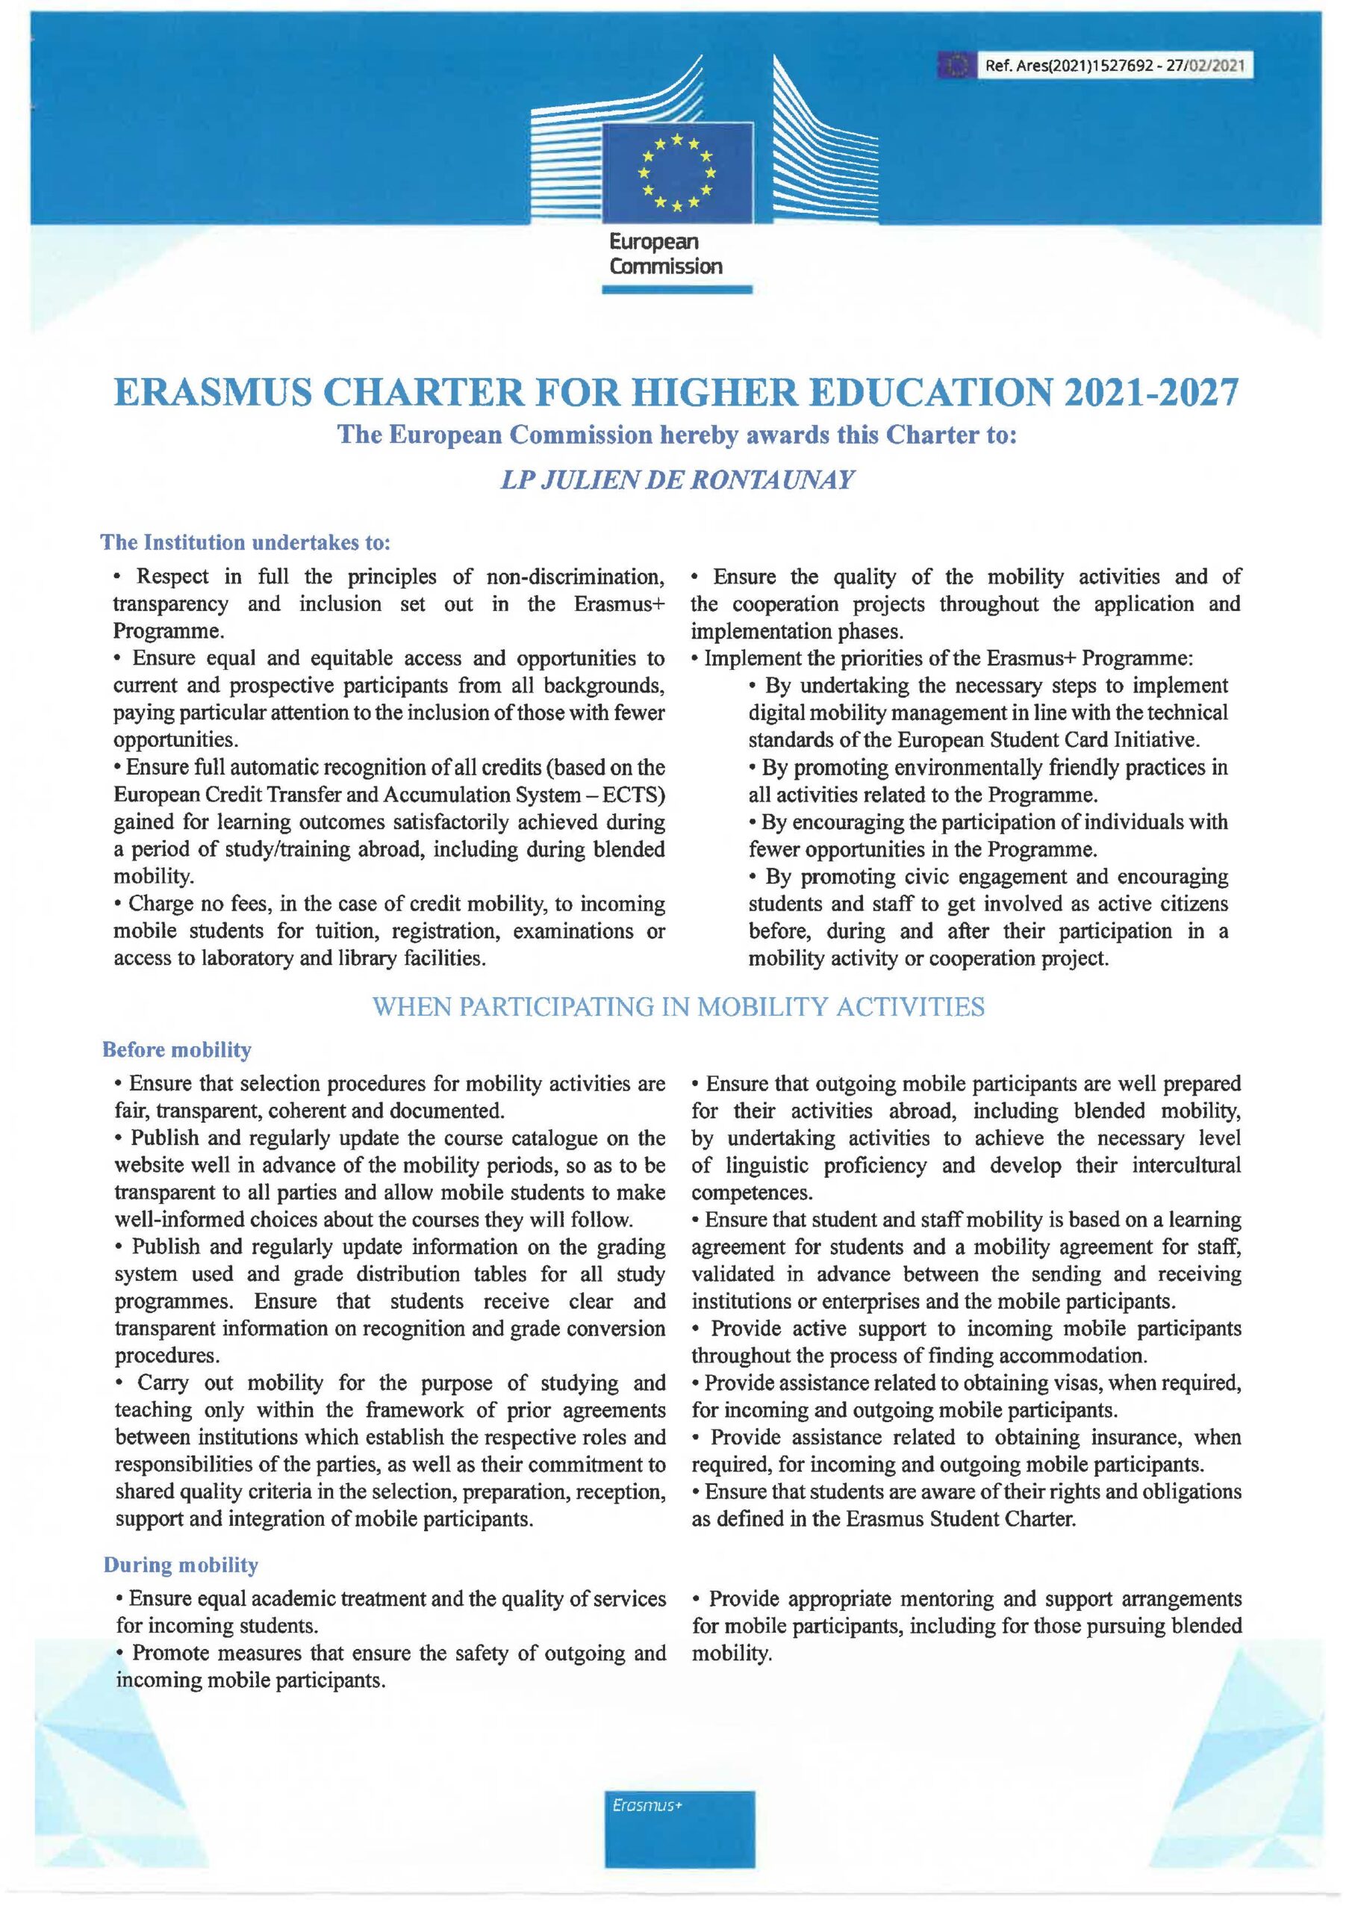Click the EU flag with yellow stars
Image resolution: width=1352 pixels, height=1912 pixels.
point(678,173)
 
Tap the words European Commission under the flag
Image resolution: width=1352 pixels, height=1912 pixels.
point(665,254)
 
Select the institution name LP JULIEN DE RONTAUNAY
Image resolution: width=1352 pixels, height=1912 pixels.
point(676,481)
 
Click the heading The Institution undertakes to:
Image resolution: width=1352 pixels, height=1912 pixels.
point(246,543)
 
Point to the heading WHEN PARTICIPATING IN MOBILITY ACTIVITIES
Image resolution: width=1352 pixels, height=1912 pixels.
point(679,1007)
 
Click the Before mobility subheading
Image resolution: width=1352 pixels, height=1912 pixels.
point(176,1050)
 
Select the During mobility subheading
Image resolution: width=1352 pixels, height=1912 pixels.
point(181,1565)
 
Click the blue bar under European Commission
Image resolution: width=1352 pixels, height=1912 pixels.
point(677,290)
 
